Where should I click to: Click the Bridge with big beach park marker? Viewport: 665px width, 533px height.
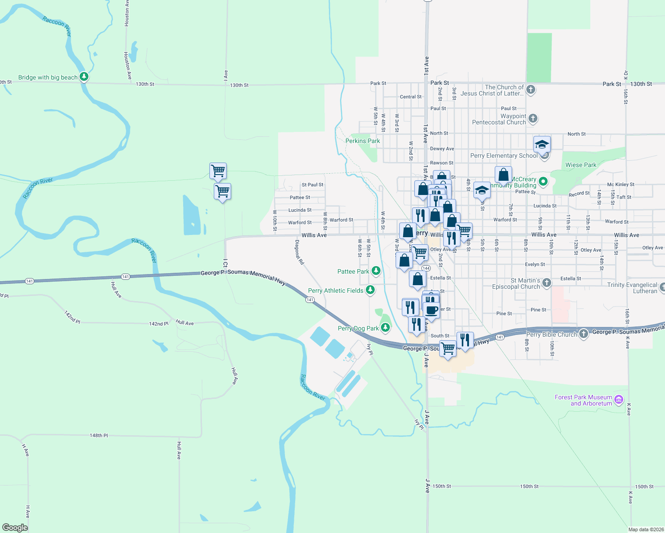[x=84, y=77]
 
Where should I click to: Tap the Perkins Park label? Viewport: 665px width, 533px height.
[x=362, y=141]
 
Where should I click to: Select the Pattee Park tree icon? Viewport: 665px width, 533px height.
[x=376, y=271]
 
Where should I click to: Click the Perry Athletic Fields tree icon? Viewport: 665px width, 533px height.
[x=370, y=290]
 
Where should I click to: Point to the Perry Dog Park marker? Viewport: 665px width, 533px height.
[x=385, y=328]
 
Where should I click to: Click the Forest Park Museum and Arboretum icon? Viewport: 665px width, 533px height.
[x=619, y=400]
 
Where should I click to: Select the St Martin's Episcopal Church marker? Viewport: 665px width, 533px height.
[x=547, y=282]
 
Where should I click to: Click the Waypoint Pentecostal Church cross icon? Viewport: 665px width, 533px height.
[x=533, y=119]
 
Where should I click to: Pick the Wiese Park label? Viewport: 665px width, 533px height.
[x=581, y=165]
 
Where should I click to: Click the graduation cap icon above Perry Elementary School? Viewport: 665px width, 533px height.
[x=542, y=144]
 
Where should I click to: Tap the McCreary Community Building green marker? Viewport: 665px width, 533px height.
[x=543, y=181]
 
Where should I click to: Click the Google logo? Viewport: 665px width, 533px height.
[x=15, y=527]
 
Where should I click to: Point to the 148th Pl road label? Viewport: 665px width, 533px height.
[x=99, y=435]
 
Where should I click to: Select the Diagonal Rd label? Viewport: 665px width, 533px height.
[x=300, y=252]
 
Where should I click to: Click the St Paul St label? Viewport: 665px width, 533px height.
[x=312, y=185]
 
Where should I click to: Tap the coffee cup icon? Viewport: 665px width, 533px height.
[x=432, y=309]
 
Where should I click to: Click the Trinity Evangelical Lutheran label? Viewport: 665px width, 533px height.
[x=632, y=288]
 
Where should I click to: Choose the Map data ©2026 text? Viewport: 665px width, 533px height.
[x=646, y=529]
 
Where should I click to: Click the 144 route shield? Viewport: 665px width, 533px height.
[x=426, y=268]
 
